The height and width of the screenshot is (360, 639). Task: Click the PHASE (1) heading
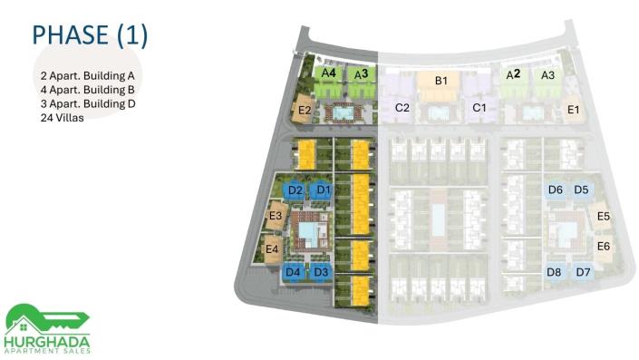coord(90,35)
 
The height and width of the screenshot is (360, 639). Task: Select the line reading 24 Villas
coord(63,118)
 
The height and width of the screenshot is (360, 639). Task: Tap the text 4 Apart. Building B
coord(87,90)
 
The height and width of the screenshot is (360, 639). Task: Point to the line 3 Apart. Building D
coord(88,103)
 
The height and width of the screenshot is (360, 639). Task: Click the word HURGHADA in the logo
coord(47,342)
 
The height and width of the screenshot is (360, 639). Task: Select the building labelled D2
coord(295,190)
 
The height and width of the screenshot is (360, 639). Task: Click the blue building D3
coord(321,272)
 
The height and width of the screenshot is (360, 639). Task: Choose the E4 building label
coord(272,248)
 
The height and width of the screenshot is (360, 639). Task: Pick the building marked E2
coord(305,110)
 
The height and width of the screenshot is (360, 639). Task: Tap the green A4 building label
coord(328,73)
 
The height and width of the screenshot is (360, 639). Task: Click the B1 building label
coord(441,81)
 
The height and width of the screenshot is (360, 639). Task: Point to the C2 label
coord(402,108)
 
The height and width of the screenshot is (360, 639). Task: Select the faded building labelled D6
coord(555,190)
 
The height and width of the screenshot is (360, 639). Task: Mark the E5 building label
coord(603,216)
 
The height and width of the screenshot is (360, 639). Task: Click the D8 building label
coord(554,272)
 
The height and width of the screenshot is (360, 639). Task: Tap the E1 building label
coord(573,110)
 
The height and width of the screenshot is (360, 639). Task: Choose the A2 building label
coord(513,74)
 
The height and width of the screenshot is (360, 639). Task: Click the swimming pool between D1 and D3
coord(310,233)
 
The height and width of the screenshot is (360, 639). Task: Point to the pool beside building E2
coord(344,112)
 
